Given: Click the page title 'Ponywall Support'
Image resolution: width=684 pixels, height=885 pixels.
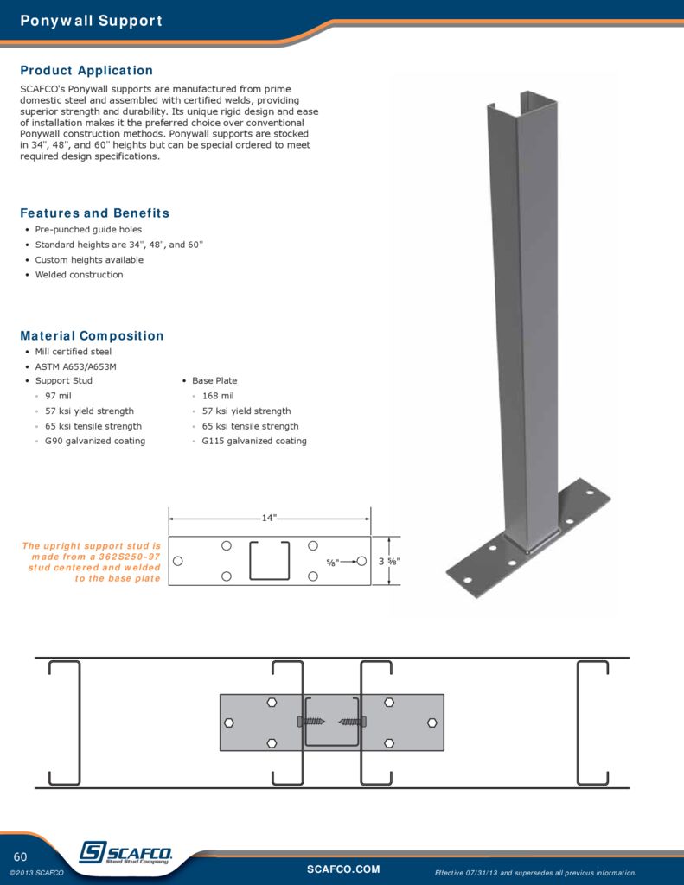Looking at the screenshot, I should (x=91, y=21).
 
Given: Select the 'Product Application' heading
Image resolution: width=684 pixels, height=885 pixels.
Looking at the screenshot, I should (x=86, y=71).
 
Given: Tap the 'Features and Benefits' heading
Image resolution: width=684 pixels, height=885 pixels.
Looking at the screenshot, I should (x=94, y=213).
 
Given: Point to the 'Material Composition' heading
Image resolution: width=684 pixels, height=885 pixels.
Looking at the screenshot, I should (x=92, y=336).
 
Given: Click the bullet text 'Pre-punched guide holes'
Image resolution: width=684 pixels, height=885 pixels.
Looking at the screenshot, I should (x=88, y=230).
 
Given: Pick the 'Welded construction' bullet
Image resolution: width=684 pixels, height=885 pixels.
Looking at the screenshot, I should (x=79, y=275).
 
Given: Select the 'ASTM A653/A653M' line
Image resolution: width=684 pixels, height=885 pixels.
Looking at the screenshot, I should (x=75, y=366).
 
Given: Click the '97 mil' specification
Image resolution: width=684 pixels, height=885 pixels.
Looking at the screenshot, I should (x=60, y=396).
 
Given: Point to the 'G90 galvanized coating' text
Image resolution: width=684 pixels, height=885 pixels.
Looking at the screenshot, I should (x=95, y=441).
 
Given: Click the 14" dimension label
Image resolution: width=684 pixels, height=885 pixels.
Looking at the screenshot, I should (x=269, y=518).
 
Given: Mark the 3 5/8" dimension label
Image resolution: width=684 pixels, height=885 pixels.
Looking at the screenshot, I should (x=389, y=562).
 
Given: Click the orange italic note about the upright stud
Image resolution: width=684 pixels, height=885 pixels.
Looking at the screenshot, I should (x=92, y=562).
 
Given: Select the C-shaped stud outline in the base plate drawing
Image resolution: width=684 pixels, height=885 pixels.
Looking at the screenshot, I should (x=269, y=561).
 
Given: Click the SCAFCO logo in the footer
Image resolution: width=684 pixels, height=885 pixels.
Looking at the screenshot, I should (x=125, y=853).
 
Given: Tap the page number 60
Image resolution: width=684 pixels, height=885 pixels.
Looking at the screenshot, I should (x=21, y=856).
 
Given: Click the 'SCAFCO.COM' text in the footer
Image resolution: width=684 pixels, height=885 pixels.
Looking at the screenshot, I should (x=343, y=869).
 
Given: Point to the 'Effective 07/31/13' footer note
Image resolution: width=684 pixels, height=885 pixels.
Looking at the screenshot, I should (x=535, y=873).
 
